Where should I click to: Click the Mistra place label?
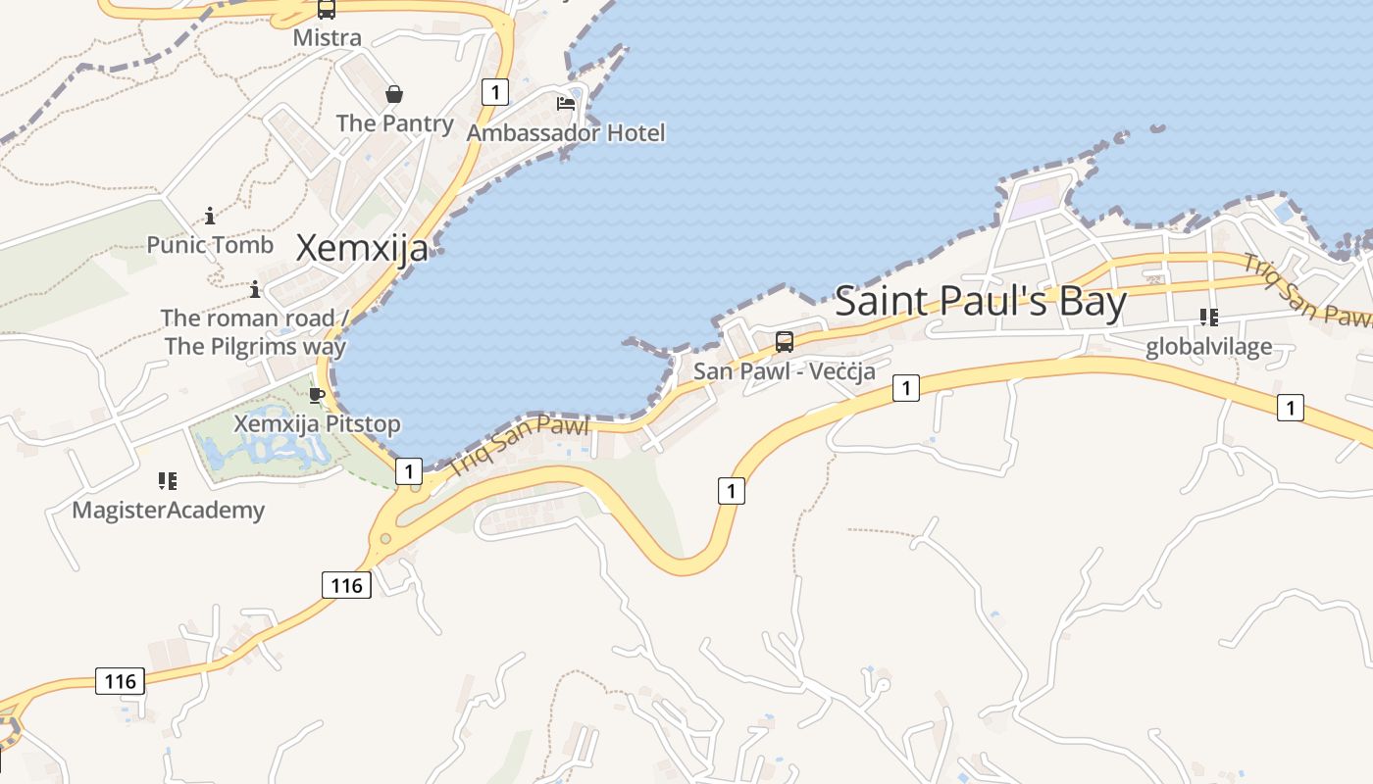328,38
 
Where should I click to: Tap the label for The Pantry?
394,123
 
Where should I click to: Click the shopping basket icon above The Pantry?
394,94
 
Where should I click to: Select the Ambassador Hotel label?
566,132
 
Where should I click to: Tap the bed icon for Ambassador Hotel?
566,103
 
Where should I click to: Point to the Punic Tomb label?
210,245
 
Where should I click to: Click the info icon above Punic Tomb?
210,216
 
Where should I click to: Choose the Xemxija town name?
362,248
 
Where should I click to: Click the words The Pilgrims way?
255,346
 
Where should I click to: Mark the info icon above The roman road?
255,289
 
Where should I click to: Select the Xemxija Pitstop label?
317,424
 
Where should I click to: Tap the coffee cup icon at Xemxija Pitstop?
317,395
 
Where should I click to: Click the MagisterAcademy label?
168,510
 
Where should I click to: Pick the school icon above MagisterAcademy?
168,481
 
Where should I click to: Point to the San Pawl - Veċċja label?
784,371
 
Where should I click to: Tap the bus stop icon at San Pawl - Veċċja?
785,342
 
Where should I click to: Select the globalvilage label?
1208,346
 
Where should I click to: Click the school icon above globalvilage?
1209,317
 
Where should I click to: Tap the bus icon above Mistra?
327,10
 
